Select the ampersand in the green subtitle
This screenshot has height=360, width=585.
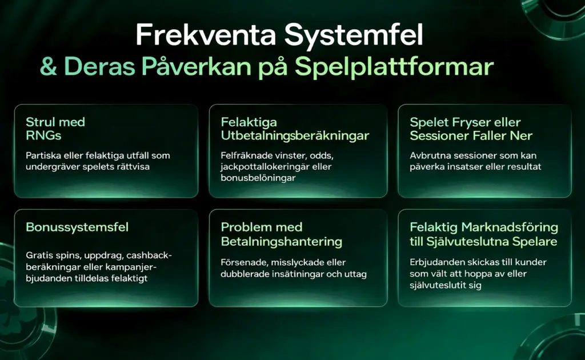pos(49,67)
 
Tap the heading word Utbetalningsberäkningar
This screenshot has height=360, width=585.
pos(295,135)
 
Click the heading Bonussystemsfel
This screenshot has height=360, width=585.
pos(77,227)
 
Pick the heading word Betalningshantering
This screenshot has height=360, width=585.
pos(282,241)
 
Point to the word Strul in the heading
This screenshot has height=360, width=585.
pos(41,122)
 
